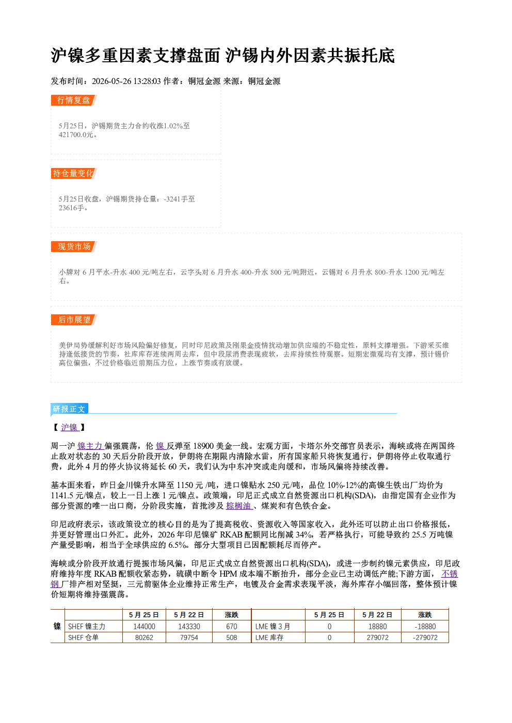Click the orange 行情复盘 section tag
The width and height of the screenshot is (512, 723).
[74, 100]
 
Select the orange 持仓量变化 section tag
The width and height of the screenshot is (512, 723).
[74, 173]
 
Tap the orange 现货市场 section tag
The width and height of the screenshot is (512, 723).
[74, 247]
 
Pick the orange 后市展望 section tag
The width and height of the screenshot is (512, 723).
[74, 320]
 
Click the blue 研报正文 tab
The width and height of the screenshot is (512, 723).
[69, 409]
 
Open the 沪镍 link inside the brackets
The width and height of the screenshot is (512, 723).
[70, 427]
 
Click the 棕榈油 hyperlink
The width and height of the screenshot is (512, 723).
[239, 506]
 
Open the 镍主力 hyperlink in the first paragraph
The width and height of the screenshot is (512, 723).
[90, 446]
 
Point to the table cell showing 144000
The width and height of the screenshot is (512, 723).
[144, 627]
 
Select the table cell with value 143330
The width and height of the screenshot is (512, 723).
[189, 627]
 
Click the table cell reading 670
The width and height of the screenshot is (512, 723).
[231, 627]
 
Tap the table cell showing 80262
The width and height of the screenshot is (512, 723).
[144, 637]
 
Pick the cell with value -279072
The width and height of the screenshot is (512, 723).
[425, 637]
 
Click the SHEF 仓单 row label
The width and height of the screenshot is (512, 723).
[83, 637]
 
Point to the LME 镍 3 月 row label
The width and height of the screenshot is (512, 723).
[273, 627]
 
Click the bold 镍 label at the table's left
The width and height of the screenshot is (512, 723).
[57, 627]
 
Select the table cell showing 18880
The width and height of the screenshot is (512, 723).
[377, 627]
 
